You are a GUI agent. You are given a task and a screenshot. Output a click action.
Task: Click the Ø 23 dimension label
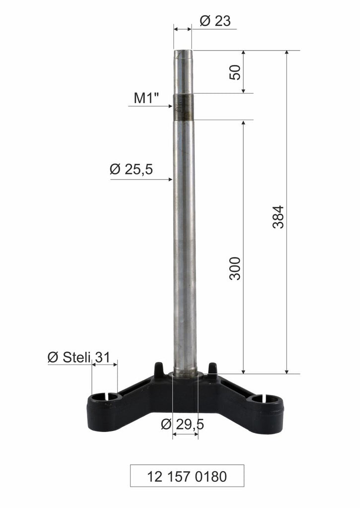tap(215, 21)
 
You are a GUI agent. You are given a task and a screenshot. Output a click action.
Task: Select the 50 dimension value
tap(235, 72)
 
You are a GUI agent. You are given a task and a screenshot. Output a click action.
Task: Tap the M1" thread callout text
tap(146, 98)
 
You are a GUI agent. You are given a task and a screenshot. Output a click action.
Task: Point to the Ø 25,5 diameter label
tap(131, 170)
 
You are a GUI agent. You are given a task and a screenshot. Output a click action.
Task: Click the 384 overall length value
tap(279, 216)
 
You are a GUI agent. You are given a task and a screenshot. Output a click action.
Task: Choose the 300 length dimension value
tap(235, 268)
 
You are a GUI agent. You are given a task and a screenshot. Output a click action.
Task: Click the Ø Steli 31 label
tap(79, 357)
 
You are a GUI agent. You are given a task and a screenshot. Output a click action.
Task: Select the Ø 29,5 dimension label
tap(183, 425)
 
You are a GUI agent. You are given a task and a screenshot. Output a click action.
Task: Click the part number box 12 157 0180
tap(187, 476)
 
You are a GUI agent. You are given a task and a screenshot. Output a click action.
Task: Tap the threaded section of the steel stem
tap(183, 107)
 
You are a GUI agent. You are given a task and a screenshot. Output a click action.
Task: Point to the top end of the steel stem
tap(183, 52)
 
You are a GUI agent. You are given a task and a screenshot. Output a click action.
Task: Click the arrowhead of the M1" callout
tap(170, 106)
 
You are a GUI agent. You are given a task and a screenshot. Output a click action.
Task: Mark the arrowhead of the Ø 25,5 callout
tap(169, 179)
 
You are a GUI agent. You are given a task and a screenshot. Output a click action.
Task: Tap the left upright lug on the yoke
tap(159, 369)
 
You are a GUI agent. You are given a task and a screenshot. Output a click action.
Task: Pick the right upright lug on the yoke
tap(212, 369)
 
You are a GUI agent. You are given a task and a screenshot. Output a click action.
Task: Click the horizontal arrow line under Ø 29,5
tap(185, 435)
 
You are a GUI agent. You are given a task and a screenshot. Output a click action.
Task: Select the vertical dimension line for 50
tap(243, 71)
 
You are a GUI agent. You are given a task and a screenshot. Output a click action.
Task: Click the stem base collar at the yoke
tap(185, 375)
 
